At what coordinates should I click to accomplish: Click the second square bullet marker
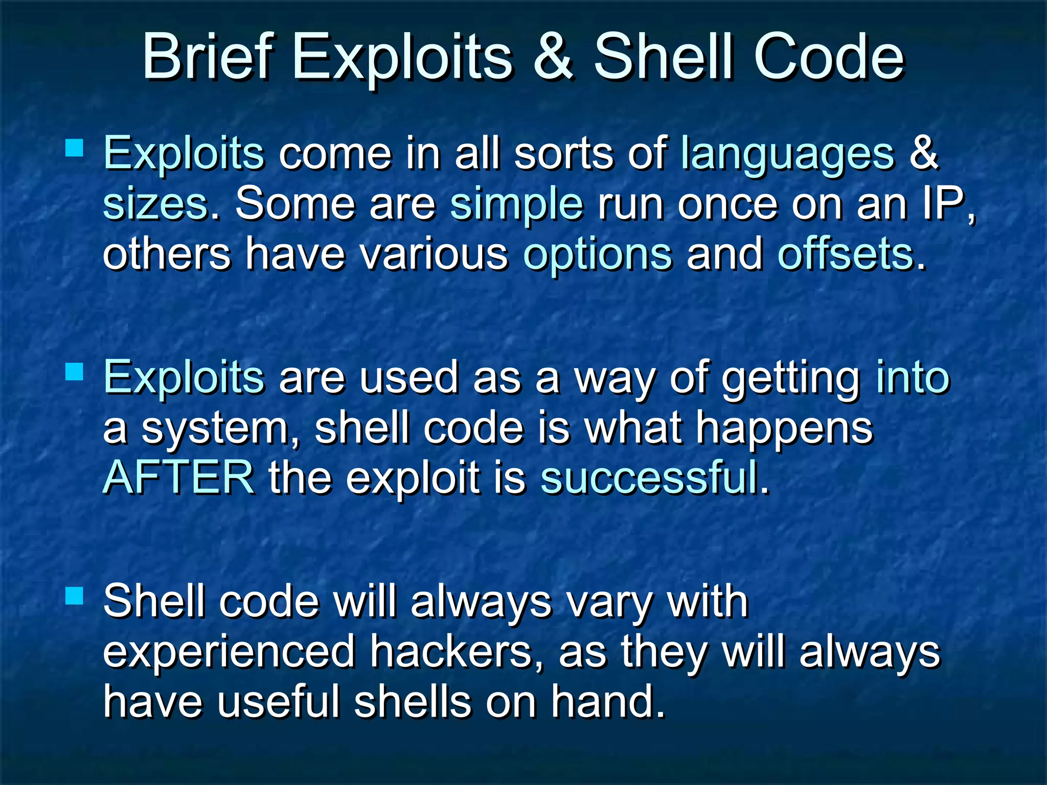75,372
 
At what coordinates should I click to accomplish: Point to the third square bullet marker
75,595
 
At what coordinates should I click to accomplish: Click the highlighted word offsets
845,254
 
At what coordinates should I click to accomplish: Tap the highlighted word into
913,377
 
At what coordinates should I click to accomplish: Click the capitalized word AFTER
178,478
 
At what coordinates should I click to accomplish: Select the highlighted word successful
649,478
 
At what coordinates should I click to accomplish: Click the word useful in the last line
278,702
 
